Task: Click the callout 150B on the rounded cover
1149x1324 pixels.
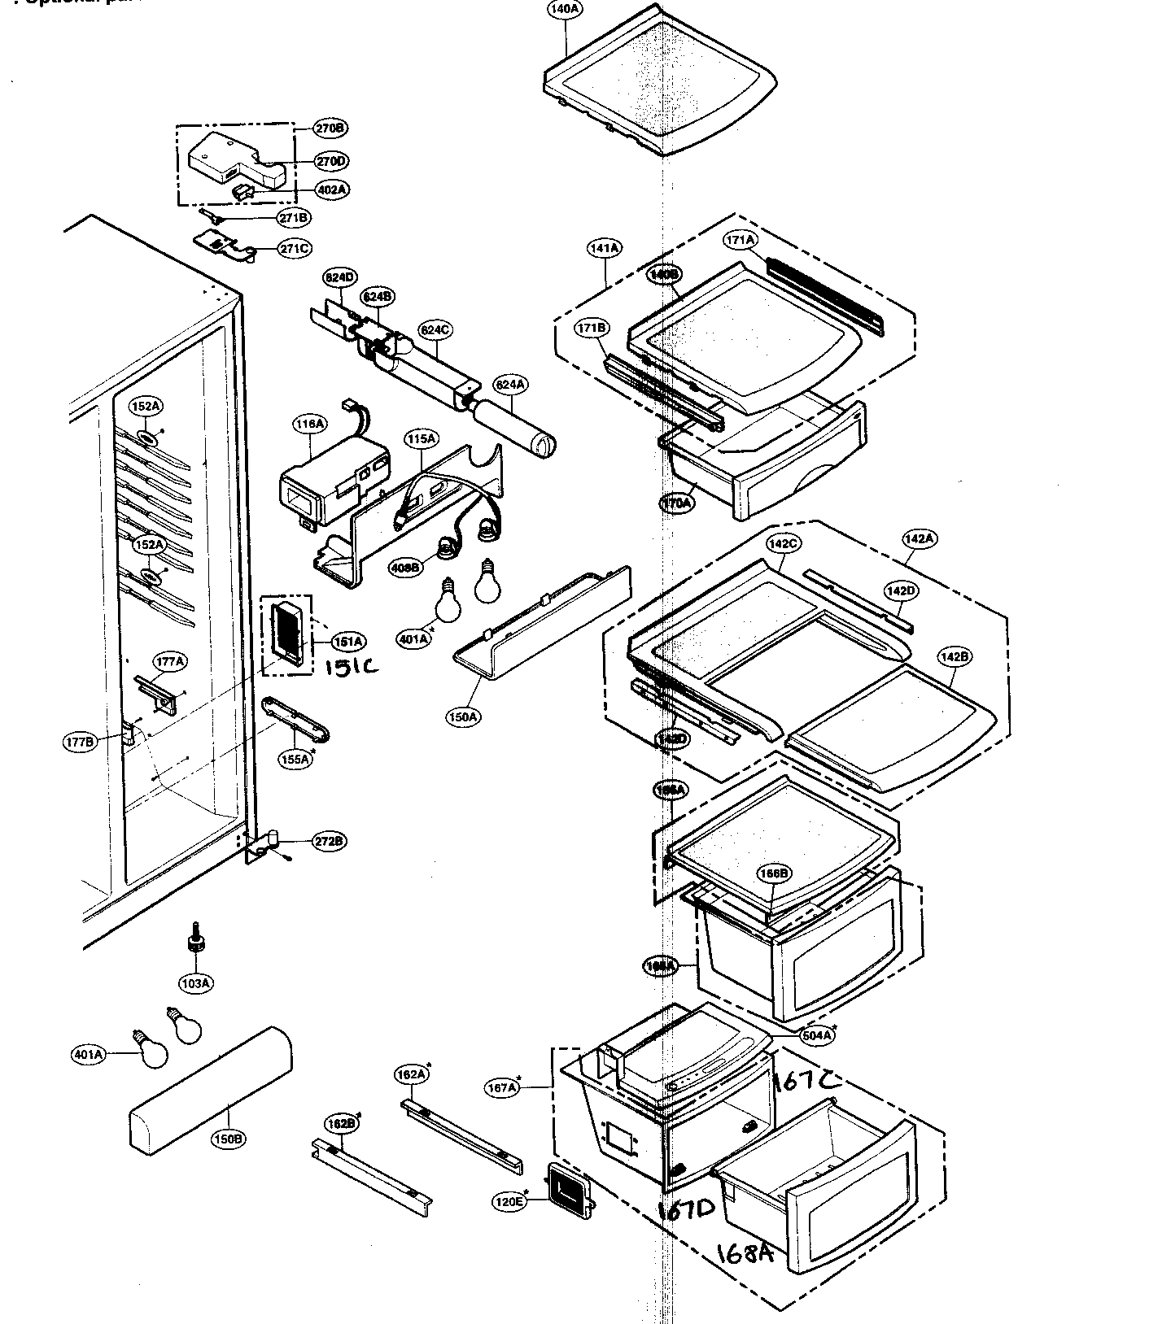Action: pyautogui.click(x=228, y=1139)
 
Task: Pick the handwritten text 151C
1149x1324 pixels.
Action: pyautogui.click(x=352, y=667)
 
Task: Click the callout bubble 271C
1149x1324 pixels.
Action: pyautogui.click(x=294, y=248)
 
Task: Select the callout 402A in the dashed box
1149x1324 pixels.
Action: pyautogui.click(x=332, y=189)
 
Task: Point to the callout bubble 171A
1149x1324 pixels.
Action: pyautogui.click(x=740, y=240)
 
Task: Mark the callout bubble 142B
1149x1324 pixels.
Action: pyautogui.click(x=955, y=656)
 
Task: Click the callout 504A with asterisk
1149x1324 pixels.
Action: pyautogui.click(x=816, y=1035)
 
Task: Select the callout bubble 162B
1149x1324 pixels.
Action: pyautogui.click(x=341, y=1124)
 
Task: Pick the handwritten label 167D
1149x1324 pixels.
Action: pyautogui.click(x=685, y=1210)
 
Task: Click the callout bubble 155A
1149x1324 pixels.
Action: pyautogui.click(x=295, y=760)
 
